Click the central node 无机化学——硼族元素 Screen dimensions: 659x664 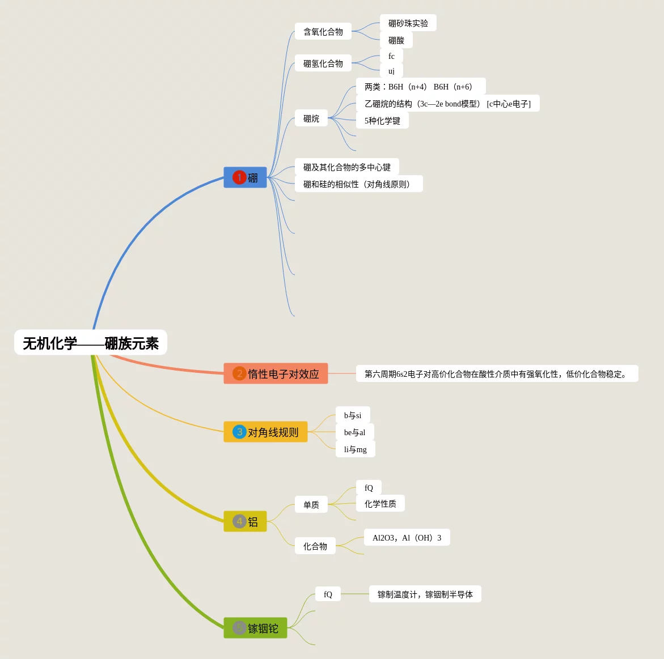91,343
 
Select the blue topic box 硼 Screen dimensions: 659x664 246,177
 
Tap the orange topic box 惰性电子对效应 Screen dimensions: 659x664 276,373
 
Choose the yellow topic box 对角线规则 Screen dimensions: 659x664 265,432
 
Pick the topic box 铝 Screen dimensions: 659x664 246,521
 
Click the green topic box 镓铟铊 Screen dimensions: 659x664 255,628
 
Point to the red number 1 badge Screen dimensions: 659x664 239,177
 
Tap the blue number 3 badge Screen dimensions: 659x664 239,432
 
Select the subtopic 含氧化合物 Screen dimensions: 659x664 323,32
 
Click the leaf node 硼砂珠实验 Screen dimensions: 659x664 408,23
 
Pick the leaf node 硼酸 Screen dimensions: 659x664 396,40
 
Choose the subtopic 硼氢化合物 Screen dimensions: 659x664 323,63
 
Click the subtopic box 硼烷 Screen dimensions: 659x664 311,118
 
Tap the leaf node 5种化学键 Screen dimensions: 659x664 382,121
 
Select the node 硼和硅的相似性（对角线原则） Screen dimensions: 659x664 358,184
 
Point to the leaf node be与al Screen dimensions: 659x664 355,432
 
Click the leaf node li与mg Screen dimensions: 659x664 356,449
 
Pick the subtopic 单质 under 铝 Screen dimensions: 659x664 311,505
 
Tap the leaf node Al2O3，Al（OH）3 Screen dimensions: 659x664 407,538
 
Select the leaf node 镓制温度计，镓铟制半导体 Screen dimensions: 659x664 425,594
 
